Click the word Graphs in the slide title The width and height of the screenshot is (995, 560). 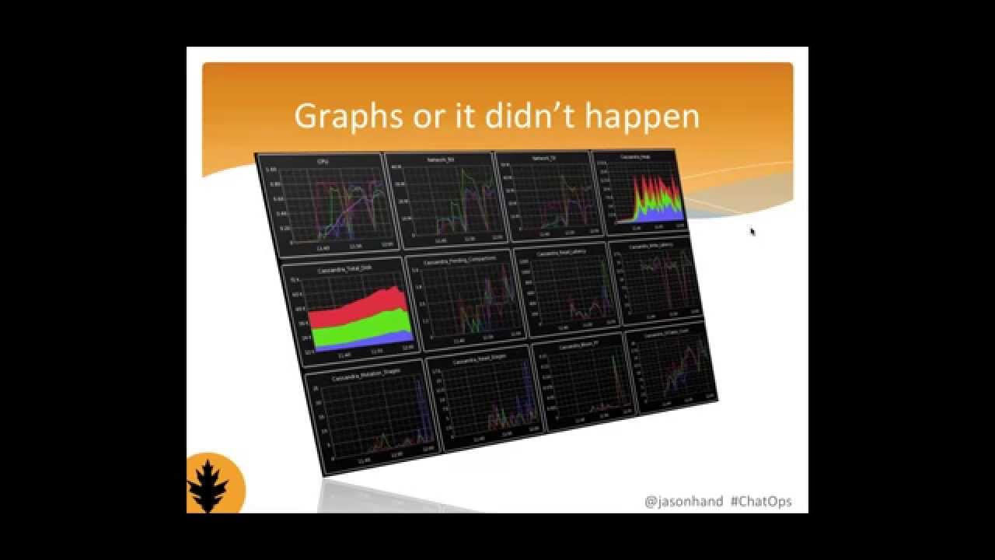pos(345,117)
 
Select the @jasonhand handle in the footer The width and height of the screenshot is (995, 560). pos(683,502)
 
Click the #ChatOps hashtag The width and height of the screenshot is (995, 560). pos(761,502)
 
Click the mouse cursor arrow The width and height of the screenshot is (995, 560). pos(752,231)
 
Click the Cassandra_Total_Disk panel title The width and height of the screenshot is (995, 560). pos(344,270)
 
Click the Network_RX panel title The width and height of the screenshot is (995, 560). pos(440,159)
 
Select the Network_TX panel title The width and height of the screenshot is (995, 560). pos(544,158)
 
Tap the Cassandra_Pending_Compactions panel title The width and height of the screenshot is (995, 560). pos(459,259)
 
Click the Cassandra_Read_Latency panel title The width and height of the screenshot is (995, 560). pos(561,252)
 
